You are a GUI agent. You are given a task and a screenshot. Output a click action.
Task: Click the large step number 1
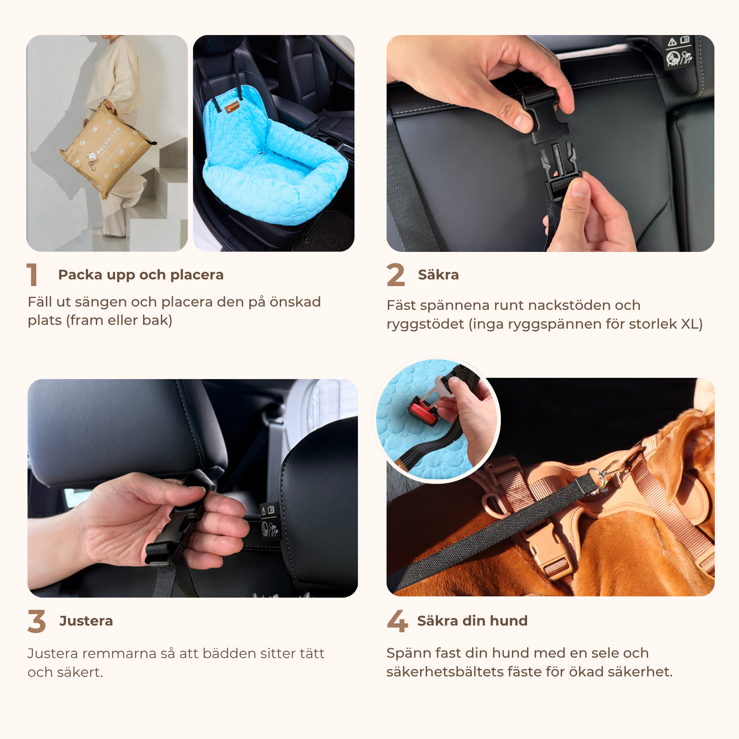pos(33,274)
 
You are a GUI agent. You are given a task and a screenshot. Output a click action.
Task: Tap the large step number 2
pos(395,274)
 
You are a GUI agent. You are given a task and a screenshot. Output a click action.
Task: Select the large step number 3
pos(37,621)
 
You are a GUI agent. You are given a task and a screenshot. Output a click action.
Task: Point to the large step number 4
pos(397,621)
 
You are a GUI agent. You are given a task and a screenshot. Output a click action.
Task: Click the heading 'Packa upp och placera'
pos(141,275)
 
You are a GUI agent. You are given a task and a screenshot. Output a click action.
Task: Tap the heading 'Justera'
pos(86,621)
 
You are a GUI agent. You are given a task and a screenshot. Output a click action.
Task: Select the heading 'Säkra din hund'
pos(473,621)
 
